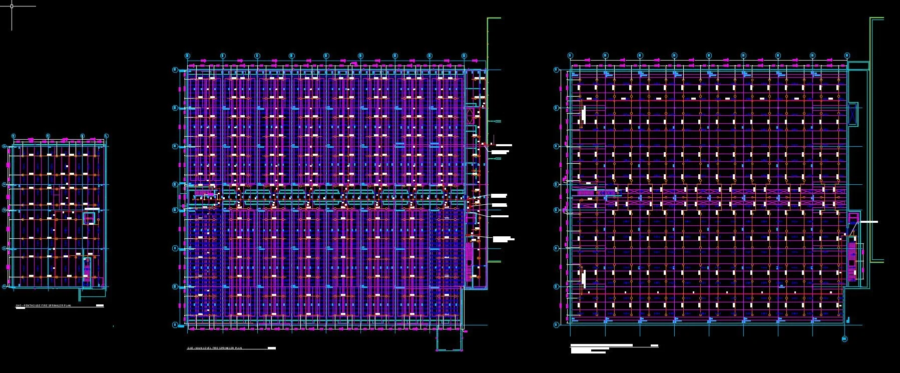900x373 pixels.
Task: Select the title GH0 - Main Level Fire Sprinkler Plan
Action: click(215, 348)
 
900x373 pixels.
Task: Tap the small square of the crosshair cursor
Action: click(12, 7)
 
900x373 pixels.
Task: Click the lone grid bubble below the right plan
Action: click(844, 339)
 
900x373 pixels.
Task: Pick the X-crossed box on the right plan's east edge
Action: click(853, 114)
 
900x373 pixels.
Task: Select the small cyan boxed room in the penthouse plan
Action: click(90, 218)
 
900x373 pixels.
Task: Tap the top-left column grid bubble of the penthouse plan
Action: click(14, 136)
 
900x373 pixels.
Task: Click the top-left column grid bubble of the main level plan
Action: click(187, 55)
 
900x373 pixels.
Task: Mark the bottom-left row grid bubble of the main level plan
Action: click(175, 325)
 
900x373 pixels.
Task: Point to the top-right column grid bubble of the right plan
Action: click(847, 55)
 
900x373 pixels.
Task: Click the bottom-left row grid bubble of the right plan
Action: click(557, 325)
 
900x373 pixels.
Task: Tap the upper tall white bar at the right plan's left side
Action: click(584, 114)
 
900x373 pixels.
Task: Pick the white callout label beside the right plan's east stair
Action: click(868, 222)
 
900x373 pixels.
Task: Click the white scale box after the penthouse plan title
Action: click(100, 305)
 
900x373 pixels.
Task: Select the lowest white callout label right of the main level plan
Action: click(503, 239)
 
